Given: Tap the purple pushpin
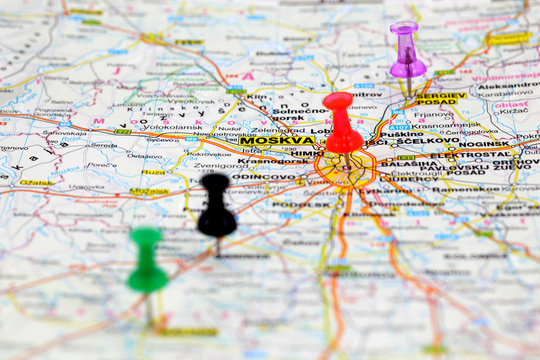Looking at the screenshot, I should point(407,52).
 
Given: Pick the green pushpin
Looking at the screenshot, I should point(147,262).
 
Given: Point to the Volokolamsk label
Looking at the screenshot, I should point(146,126).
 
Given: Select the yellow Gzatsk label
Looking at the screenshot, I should point(37,183).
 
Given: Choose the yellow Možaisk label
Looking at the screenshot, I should point(149,190).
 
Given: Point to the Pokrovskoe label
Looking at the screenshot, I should point(209,154).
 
